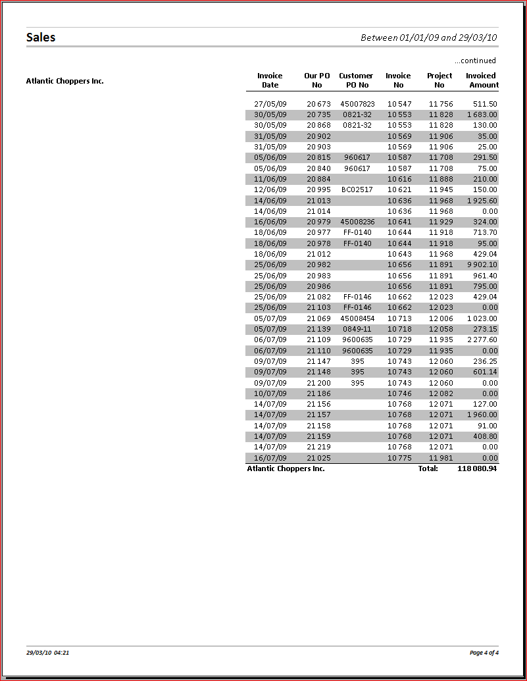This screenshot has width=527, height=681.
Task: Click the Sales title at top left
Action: point(41,38)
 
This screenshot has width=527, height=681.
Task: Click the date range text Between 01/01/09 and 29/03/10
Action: point(428,38)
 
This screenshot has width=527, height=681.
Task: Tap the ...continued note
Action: point(475,61)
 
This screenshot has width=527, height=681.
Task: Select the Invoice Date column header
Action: point(270,80)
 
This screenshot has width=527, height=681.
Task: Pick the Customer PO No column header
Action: point(356,80)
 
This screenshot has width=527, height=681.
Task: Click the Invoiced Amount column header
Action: point(482,80)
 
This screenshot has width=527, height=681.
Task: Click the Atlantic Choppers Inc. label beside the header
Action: point(65,81)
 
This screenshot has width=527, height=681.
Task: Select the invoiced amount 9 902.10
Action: point(482,265)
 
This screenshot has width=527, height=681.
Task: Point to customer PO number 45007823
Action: point(357,104)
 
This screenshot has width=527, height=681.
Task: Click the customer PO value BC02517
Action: point(357,189)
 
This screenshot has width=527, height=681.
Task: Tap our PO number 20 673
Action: point(318,104)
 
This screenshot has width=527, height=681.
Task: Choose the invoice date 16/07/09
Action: point(270,458)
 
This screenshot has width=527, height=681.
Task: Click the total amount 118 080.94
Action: point(477,468)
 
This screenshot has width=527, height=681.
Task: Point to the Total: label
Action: point(428,468)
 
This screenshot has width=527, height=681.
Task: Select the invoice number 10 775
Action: point(399,458)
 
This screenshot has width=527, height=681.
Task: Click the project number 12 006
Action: point(441,318)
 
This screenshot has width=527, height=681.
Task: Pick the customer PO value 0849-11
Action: point(357,329)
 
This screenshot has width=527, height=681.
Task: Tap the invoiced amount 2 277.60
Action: point(482,340)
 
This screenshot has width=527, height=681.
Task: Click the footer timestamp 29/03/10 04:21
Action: point(47,653)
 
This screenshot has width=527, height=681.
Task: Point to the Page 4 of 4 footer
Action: point(484,653)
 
